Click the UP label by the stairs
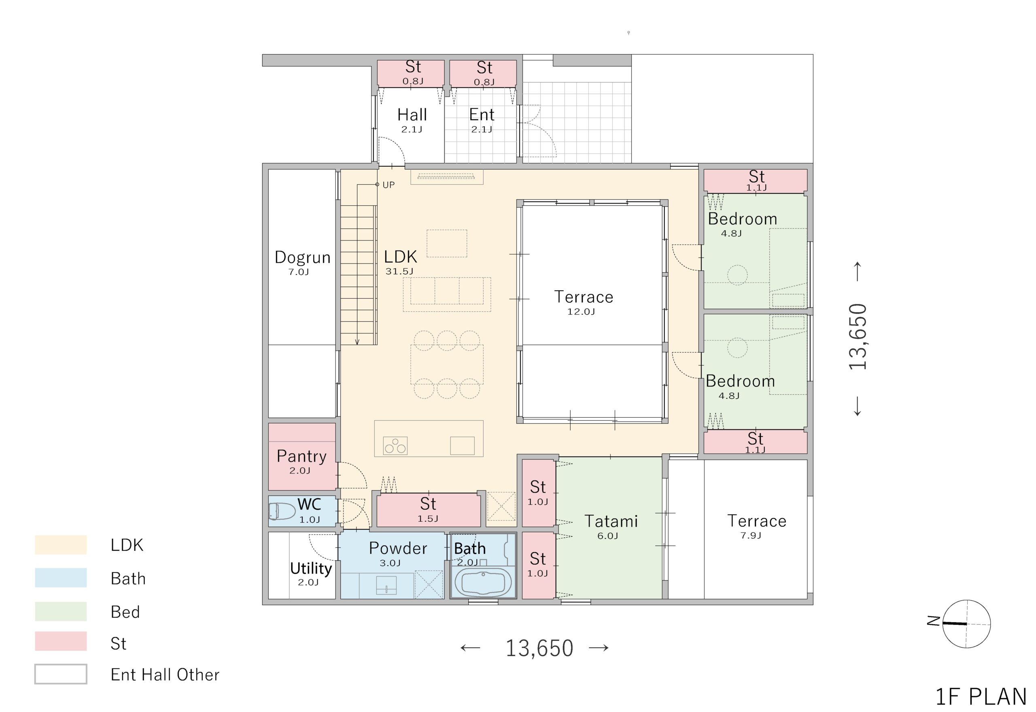coord(388,185)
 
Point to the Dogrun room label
coord(302,257)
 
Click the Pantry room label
coord(301,456)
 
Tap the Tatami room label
coord(611,521)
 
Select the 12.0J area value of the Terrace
coord(581,312)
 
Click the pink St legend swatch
coord(61,641)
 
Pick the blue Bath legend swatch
coord(61,577)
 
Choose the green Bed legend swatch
coord(61,611)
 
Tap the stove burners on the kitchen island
coord(395,445)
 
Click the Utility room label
coord(311,568)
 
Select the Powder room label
coord(398,548)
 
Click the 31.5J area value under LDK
coord(399,271)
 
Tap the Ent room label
coord(482,115)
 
